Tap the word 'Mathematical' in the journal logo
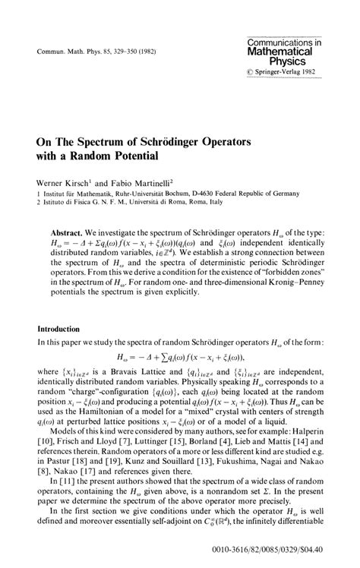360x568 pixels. (290, 52)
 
